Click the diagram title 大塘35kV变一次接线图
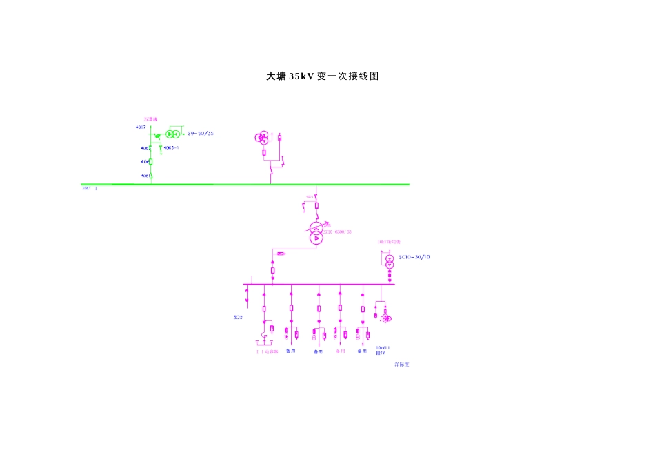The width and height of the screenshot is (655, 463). pos(323,76)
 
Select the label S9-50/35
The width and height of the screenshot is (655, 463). pos(201,133)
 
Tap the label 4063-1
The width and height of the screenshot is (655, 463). pos(171,147)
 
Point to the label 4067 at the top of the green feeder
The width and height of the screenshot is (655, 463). pos(141,127)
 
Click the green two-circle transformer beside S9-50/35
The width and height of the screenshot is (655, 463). pos(172,134)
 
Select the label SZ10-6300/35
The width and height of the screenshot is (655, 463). pos(338,232)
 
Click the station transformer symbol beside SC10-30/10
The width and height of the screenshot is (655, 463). pos(389,261)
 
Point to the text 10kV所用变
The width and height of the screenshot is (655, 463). pos(384,241)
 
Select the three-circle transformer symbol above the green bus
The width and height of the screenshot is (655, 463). pos(262,138)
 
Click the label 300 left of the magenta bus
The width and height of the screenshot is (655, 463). pos(238,318)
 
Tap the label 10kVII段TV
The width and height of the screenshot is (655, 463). pos(382,349)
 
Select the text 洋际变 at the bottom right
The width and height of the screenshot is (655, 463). pos(401,364)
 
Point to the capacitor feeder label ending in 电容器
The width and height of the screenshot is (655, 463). pos(267,351)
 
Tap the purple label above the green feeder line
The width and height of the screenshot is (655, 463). pos(150,119)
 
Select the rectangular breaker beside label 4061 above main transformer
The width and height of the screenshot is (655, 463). pos(316,205)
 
